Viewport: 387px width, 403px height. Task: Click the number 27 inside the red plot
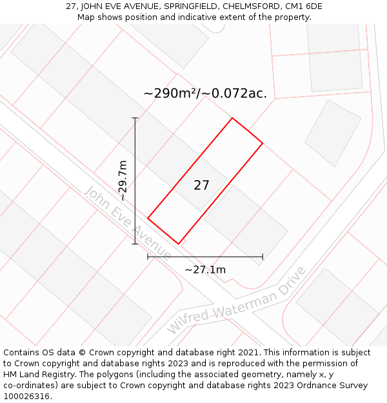pyautogui.click(x=201, y=186)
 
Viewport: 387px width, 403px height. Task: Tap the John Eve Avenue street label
pyautogui.click(x=127, y=223)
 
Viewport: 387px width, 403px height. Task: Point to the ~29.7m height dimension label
pyautogui.click(x=123, y=181)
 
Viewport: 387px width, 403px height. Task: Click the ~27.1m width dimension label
pyautogui.click(x=205, y=270)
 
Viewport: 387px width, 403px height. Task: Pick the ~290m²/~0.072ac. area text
pyautogui.click(x=205, y=93)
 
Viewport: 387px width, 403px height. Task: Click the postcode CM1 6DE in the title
pyautogui.click(x=302, y=6)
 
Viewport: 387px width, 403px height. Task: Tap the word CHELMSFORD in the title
pyautogui.click(x=247, y=6)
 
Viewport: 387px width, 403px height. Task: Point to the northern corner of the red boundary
pyautogui.click(x=232, y=118)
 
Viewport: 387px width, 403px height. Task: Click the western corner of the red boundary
pyautogui.click(x=148, y=219)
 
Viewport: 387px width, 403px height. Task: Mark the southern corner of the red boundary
pyautogui.click(x=179, y=244)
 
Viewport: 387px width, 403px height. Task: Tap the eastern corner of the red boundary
pyautogui.click(x=263, y=143)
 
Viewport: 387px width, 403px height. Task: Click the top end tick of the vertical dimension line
pyautogui.click(x=135, y=118)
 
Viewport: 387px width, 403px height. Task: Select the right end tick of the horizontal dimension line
pyautogui.click(x=263, y=257)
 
